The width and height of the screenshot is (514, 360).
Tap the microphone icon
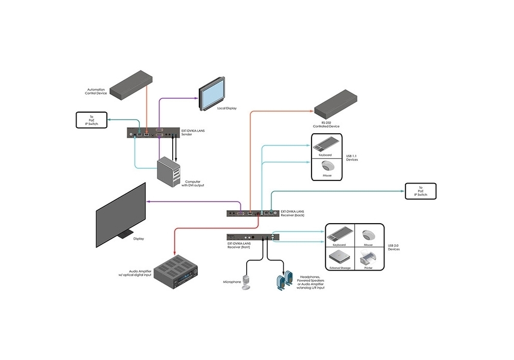point(247,282)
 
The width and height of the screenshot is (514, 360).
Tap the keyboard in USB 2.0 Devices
point(339,233)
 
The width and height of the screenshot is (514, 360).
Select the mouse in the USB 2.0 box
point(368,235)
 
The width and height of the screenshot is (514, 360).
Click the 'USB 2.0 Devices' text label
point(393,247)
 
